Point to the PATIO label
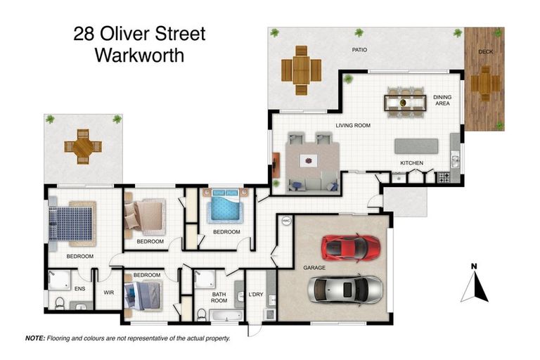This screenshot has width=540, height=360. (360, 50)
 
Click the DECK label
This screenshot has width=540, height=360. (485, 52)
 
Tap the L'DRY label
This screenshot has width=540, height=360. (255, 295)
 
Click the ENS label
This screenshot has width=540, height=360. (79, 288)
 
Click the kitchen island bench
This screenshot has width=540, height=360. (416, 146)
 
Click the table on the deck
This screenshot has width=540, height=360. (484, 84)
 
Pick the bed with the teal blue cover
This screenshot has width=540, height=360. (225, 208)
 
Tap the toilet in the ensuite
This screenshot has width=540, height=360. (60, 304)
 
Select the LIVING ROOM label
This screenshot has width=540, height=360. (352, 126)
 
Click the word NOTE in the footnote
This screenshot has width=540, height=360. (35, 338)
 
